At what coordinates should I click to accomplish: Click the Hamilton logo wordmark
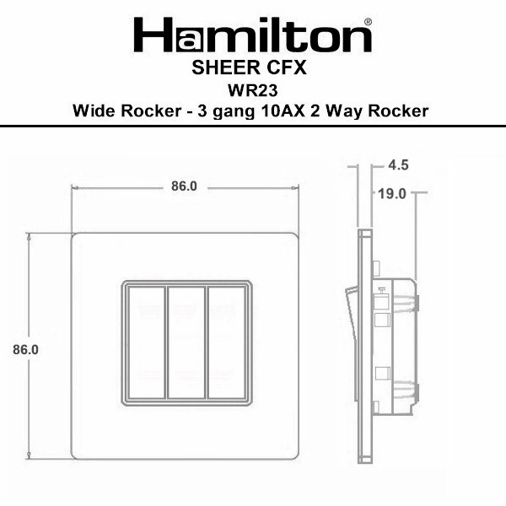click(253, 35)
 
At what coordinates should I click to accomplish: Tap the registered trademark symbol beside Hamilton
click(368, 22)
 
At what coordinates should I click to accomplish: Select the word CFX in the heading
click(287, 67)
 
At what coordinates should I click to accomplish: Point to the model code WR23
click(253, 90)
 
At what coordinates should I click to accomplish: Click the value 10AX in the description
click(283, 111)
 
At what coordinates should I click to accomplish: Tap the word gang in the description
click(234, 112)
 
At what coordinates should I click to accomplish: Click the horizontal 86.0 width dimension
click(184, 186)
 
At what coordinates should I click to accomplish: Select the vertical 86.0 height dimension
click(25, 350)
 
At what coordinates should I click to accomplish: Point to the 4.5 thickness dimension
click(398, 165)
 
